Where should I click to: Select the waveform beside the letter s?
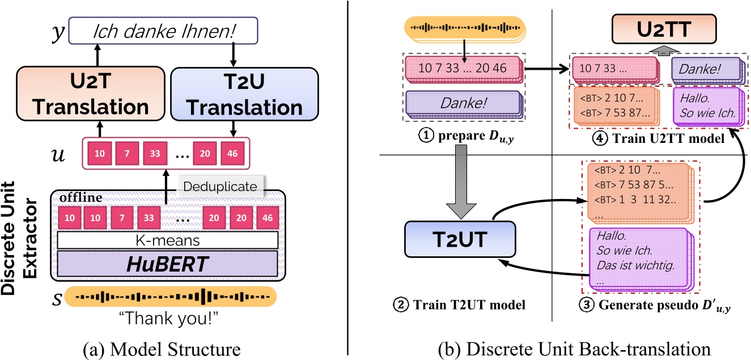pyautogui.click(x=171, y=297)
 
